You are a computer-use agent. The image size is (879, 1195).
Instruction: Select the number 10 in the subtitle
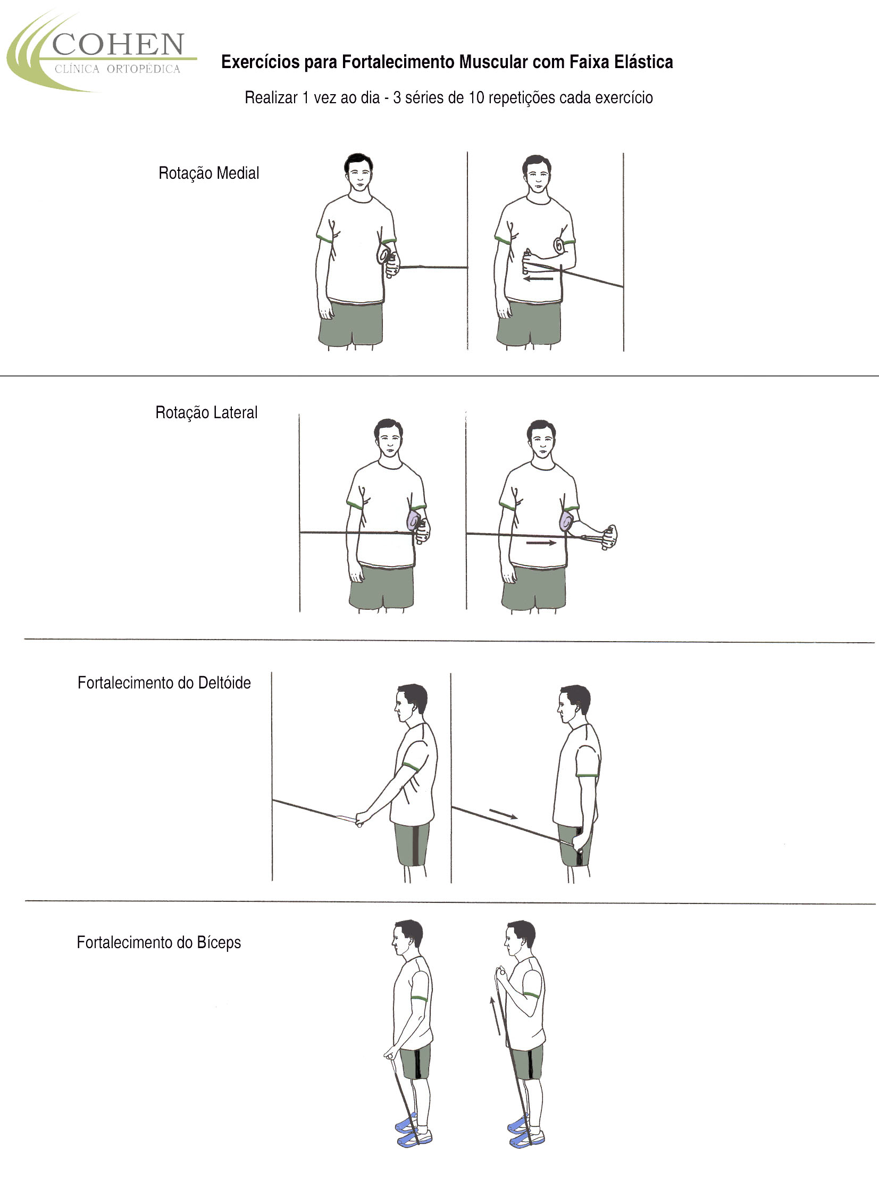click(x=476, y=98)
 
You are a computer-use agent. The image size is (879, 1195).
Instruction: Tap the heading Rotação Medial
click(x=208, y=173)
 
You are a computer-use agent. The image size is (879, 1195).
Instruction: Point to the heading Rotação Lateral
click(x=206, y=412)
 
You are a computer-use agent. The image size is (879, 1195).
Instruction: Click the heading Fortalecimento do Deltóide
click(x=164, y=683)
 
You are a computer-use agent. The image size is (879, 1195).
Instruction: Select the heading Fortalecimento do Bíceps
click(x=158, y=943)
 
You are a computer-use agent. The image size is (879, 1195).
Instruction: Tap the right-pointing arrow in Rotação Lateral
click(x=541, y=543)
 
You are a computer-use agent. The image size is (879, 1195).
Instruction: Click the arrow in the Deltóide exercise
click(x=503, y=814)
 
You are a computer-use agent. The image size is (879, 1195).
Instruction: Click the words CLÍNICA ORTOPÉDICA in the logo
click(x=118, y=69)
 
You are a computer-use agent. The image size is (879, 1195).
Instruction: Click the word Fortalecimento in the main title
click(x=398, y=62)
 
